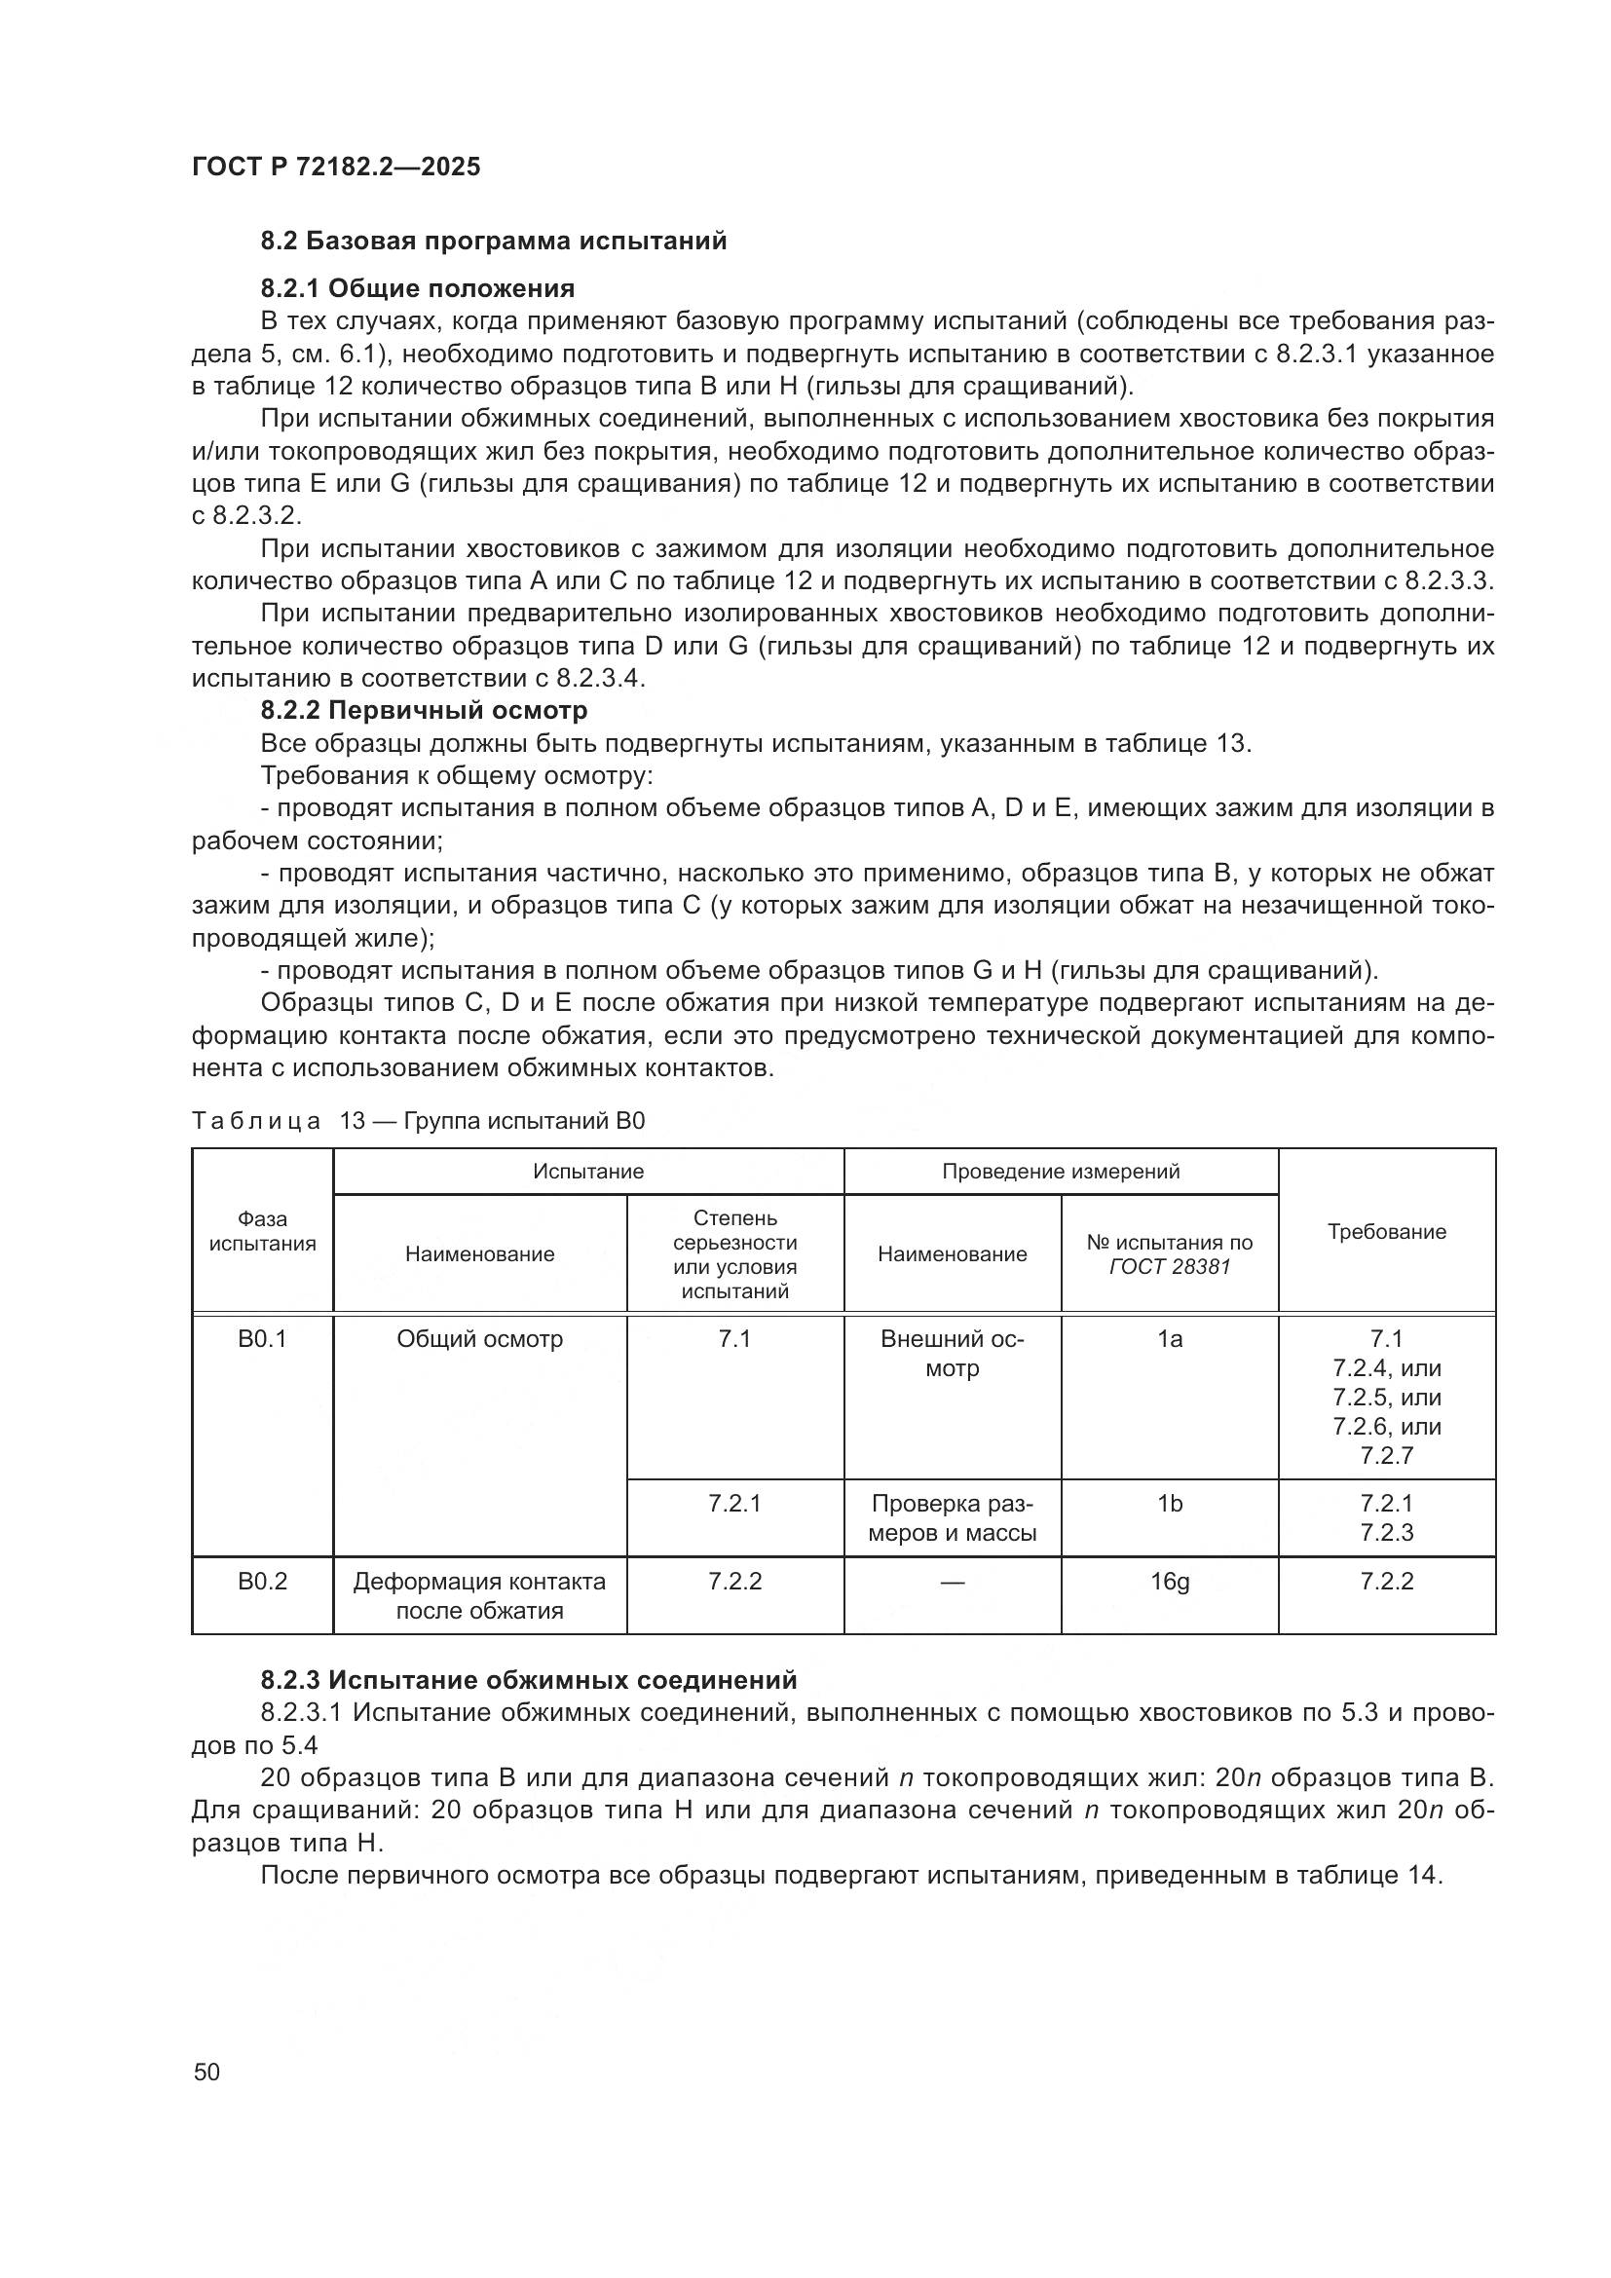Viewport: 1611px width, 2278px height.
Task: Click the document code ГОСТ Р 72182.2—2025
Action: [335, 167]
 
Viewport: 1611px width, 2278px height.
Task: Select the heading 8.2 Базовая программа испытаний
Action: [493, 242]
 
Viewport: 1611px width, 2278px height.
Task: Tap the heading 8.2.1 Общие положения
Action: [418, 288]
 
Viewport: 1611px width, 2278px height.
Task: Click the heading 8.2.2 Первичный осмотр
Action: [424, 710]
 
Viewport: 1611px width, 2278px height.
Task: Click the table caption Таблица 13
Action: [418, 1121]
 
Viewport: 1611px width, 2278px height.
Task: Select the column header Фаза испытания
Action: [262, 1231]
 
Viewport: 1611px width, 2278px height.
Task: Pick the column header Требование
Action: [1386, 1231]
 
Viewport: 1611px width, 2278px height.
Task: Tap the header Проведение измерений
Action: [1060, 1171]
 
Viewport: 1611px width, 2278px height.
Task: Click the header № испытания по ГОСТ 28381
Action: [1169, 1254]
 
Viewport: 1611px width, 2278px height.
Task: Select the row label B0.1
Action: [262, 1338]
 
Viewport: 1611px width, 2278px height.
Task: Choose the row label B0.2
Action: [262, 1581]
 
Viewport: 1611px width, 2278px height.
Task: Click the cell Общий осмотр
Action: [479, 1338]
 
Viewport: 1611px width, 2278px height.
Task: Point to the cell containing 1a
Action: [1169, 1338]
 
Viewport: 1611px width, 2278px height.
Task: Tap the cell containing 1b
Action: [1169, 1503]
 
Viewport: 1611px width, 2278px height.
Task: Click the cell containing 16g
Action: [1169, 1581]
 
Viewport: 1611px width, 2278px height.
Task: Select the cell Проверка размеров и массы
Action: [952, 1518]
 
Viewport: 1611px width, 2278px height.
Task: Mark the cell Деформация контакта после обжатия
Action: [479, 1595]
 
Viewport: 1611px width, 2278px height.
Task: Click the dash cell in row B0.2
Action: [952, 1582]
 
